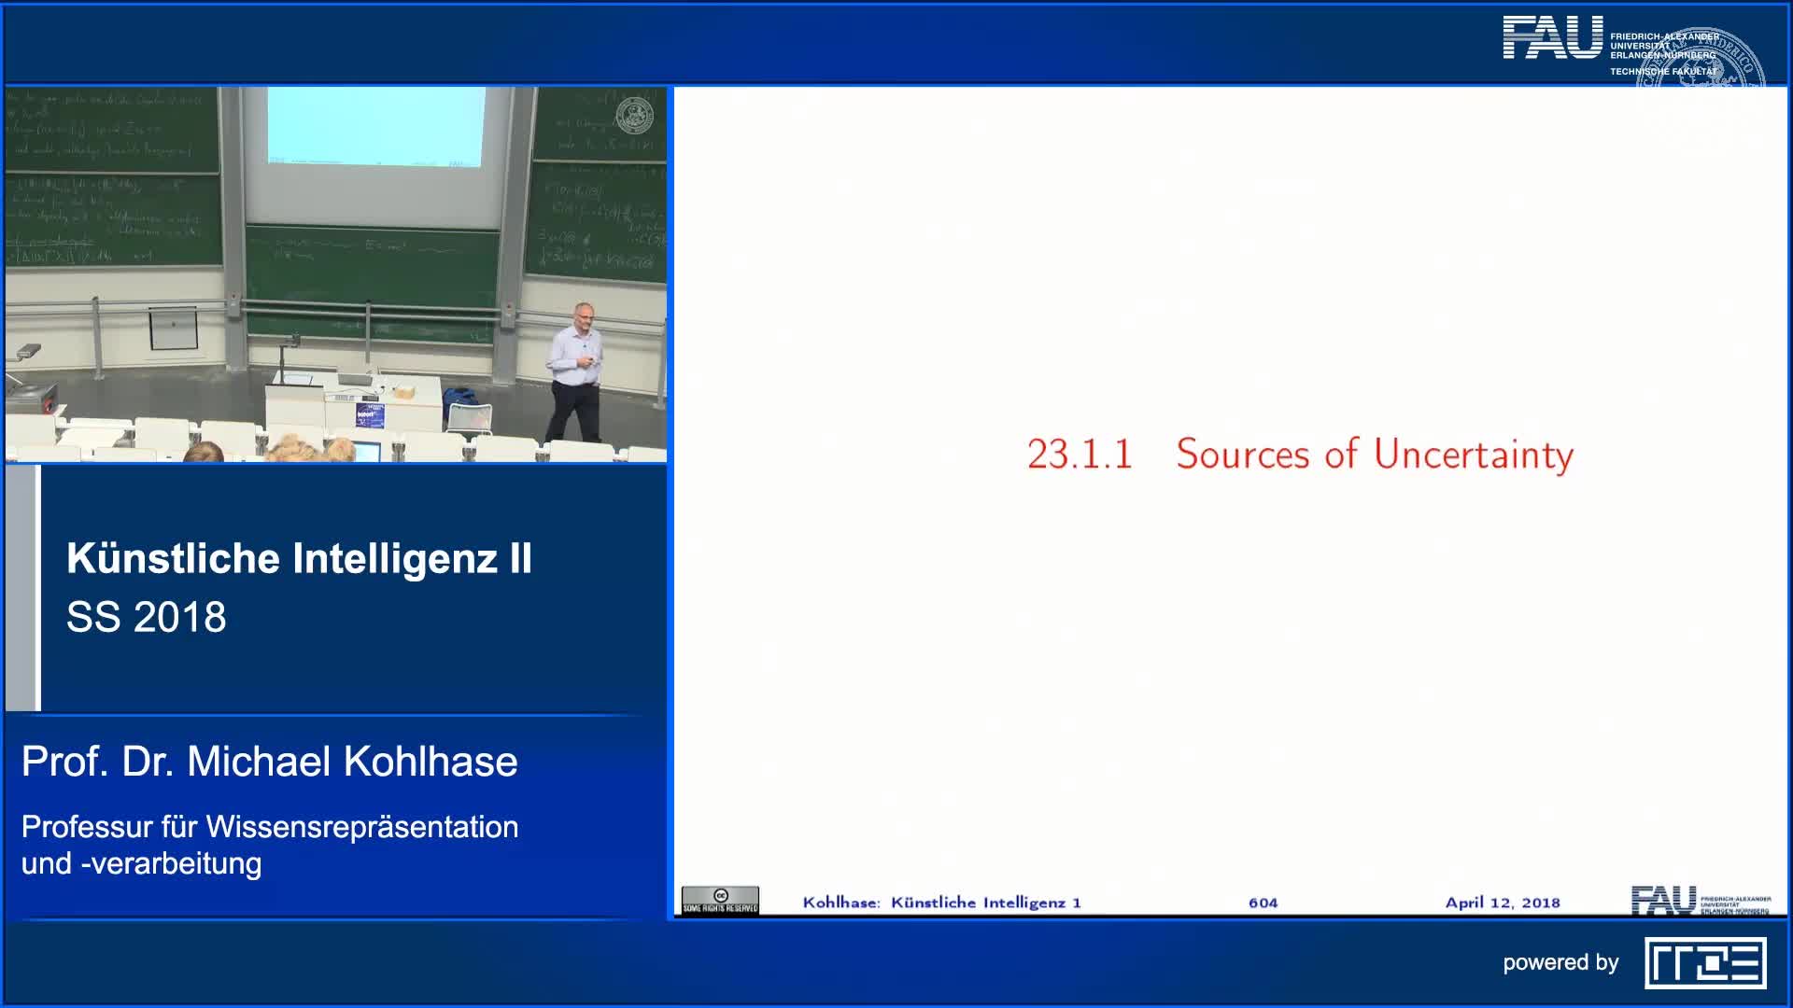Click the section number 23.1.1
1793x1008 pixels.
point(1080,455)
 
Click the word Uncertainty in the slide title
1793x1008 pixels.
point(1473,455)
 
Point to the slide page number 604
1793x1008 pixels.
point(1263,903)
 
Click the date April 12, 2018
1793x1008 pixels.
point(1503,903)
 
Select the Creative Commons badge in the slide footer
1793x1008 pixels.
point(720,900)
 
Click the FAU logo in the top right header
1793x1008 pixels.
point(1552,38)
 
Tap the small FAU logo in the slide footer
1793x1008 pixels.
point(1663,900)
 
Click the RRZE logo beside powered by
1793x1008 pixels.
point(1705,963)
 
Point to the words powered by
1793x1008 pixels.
point(1560,962)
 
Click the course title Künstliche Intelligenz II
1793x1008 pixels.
point(299,558)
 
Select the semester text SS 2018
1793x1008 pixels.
point(147,617)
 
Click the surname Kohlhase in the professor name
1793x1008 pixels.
point(431,762)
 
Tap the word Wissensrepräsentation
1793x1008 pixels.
point(362,827)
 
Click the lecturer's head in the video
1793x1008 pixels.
point(583,315)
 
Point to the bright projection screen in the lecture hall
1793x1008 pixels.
point(375,126)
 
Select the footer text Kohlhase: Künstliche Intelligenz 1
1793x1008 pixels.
point(941,903)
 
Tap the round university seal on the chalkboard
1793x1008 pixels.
point(635,115)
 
